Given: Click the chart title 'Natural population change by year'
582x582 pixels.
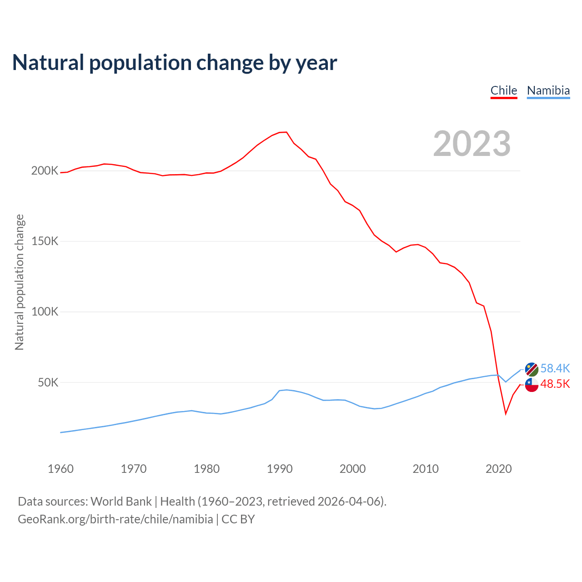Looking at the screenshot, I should point(175,63).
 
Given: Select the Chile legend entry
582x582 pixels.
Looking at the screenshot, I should point(504,90).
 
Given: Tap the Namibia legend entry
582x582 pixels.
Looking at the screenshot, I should point(548,90).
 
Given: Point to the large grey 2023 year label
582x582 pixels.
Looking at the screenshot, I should point(472,144).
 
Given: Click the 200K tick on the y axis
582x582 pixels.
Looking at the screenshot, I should point(45,171).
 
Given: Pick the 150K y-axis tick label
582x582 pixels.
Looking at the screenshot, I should point(45,241).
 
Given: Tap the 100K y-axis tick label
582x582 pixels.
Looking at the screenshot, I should point(45,312).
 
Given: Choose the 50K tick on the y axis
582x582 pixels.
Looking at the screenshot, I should point(48,383).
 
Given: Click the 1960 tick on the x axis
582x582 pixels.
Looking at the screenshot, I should point(60,469).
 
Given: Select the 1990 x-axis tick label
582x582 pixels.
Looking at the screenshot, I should point(280,469).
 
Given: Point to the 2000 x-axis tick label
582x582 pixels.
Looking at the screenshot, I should point(352,469).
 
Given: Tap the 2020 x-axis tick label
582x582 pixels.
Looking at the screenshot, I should point(499,469).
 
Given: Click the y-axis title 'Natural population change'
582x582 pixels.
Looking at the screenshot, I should point(20,282).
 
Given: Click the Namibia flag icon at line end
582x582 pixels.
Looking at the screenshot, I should point(532,369).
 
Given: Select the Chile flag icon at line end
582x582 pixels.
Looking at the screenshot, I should point(532,385).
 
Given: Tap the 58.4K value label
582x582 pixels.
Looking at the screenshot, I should point(555,368).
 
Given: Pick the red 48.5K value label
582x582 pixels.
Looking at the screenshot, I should point(555,384).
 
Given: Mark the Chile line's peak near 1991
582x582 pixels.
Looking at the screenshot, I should point(286,132).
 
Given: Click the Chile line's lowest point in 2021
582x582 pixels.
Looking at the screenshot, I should point(506,414).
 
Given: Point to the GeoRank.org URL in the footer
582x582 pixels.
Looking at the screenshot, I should point(115,519).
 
